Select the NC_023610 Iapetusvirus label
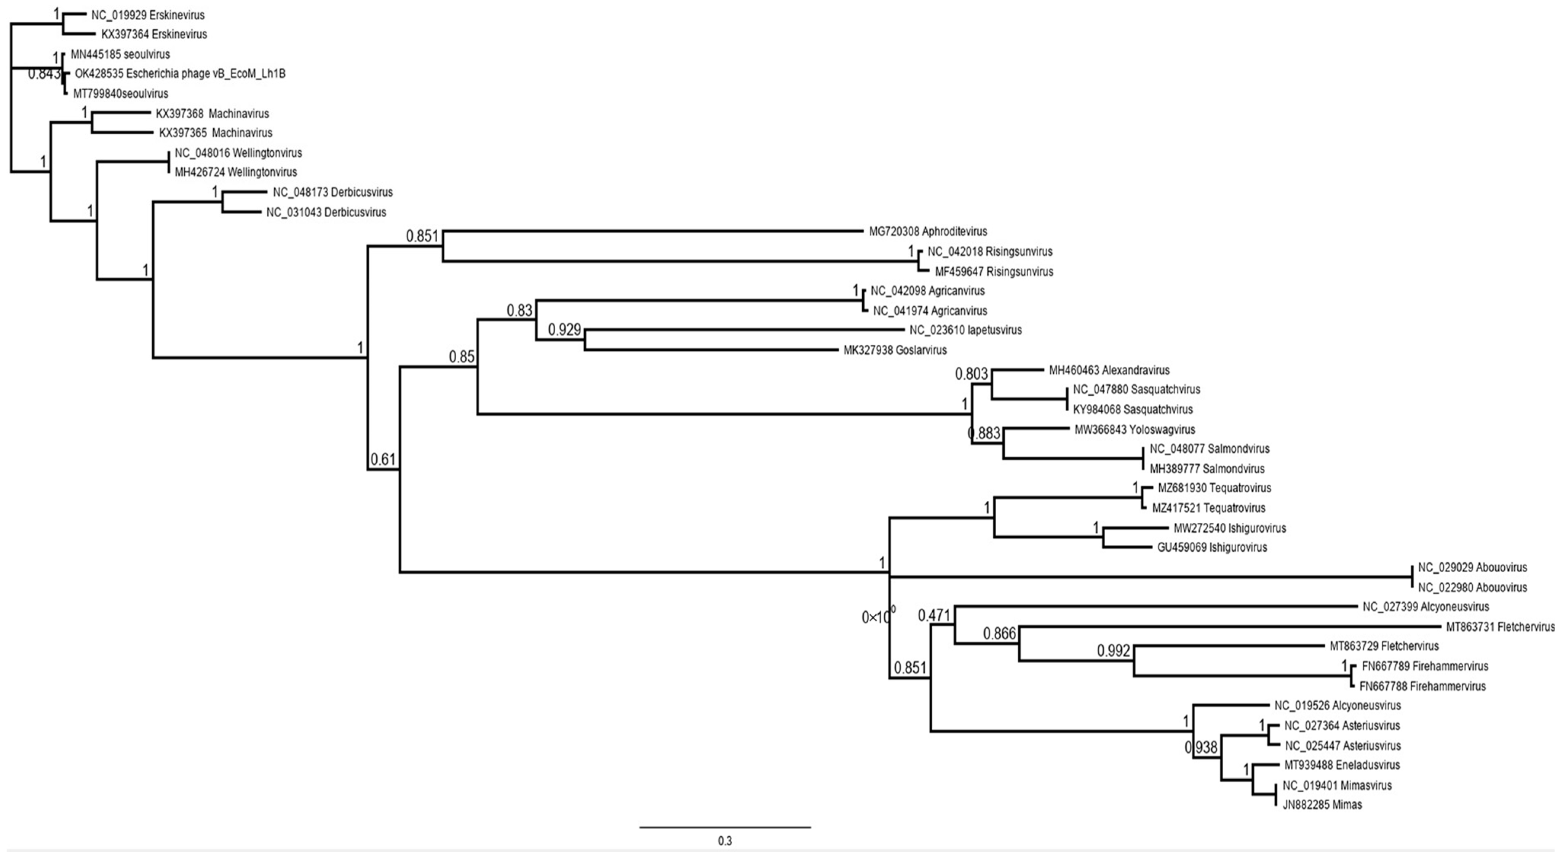pos(965,330)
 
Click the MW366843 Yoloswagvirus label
pos(1135,429)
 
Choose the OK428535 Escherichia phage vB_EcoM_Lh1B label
pos(180,73)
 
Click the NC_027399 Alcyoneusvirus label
pos(1426,606)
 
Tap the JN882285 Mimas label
pos(1322,805)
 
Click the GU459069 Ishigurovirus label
pos(1212,547)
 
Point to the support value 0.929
pos(564,330)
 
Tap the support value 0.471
pos(934,616)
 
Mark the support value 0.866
pos(999,634)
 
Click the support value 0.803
pos(972,374)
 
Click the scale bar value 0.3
pos(725,841)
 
